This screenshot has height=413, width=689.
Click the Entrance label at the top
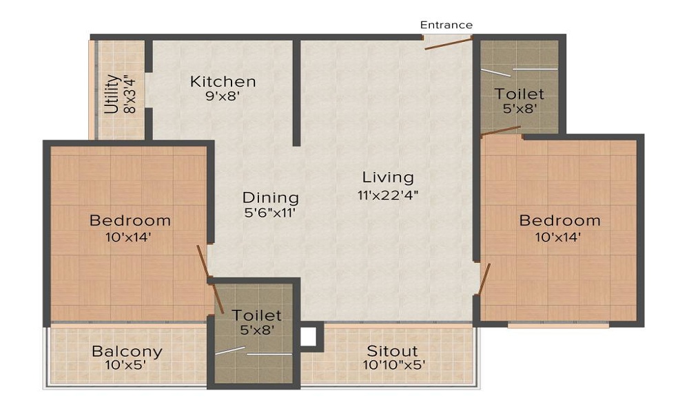point(446,25)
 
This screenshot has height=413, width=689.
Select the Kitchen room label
point(223,81)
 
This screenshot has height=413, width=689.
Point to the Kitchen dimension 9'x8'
point(222,97)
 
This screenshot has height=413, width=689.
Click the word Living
point(388,178)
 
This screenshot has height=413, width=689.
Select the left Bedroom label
point(130,221)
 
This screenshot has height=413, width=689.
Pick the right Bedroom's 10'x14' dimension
point(559,237)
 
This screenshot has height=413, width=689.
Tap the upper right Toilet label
point(519,94)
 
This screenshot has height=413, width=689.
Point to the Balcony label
point(127,351)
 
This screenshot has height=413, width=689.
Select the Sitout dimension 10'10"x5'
point(394,366)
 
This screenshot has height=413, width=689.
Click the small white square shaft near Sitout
point(308,337)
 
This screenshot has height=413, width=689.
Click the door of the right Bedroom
point(485,279)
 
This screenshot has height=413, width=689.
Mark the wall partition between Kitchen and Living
point(296,93)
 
